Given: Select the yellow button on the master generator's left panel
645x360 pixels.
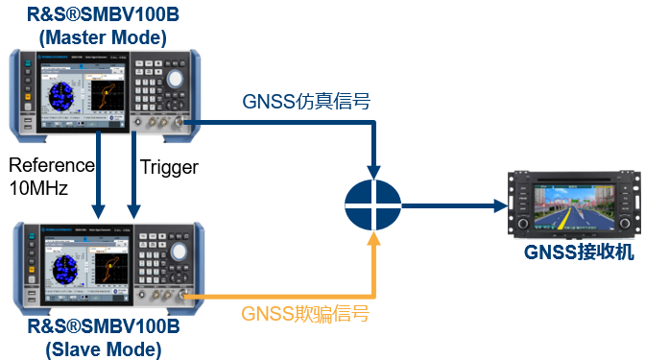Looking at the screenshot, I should click(26, 123).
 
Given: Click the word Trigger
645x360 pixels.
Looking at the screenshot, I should click(169, 167).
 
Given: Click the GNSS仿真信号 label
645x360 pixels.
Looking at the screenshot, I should click(307, 101).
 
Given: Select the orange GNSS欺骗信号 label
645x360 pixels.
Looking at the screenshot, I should click(305, 314).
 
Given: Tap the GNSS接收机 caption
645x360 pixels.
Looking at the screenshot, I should click(579, 252).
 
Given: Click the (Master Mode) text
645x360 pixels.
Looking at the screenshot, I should click(103, 37).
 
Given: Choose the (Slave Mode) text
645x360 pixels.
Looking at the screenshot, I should click(103, 349).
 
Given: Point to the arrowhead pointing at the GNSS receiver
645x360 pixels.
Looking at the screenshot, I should click(499, 204).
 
